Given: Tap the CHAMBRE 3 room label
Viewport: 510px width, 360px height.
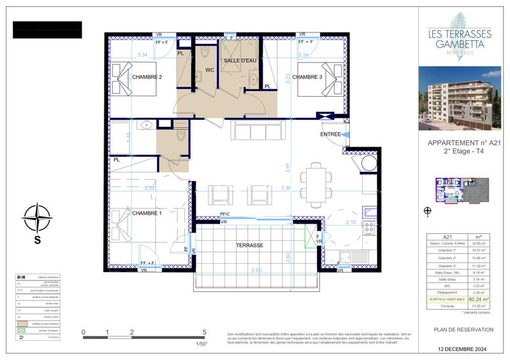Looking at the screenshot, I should pyautogui.click(x=312, y=77).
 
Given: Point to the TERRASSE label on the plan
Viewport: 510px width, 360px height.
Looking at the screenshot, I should pyautogui.click(x=249, y=245).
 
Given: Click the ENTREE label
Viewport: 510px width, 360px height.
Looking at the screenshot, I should pyautogui.click(x=331, y=134).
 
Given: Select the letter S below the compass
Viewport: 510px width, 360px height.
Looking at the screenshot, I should pyautogui.click(x=38, y=240).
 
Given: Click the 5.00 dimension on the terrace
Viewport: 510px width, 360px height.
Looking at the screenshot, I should pyautogui.click(x=256, y=271).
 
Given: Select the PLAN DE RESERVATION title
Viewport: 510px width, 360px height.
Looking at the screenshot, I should pyautogui.click(x=463, y=329).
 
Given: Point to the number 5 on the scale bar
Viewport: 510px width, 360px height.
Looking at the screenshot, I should pyautogui.click(x=204, y=333).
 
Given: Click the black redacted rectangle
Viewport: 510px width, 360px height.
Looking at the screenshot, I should pyautogui.click(x=48, y=30).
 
